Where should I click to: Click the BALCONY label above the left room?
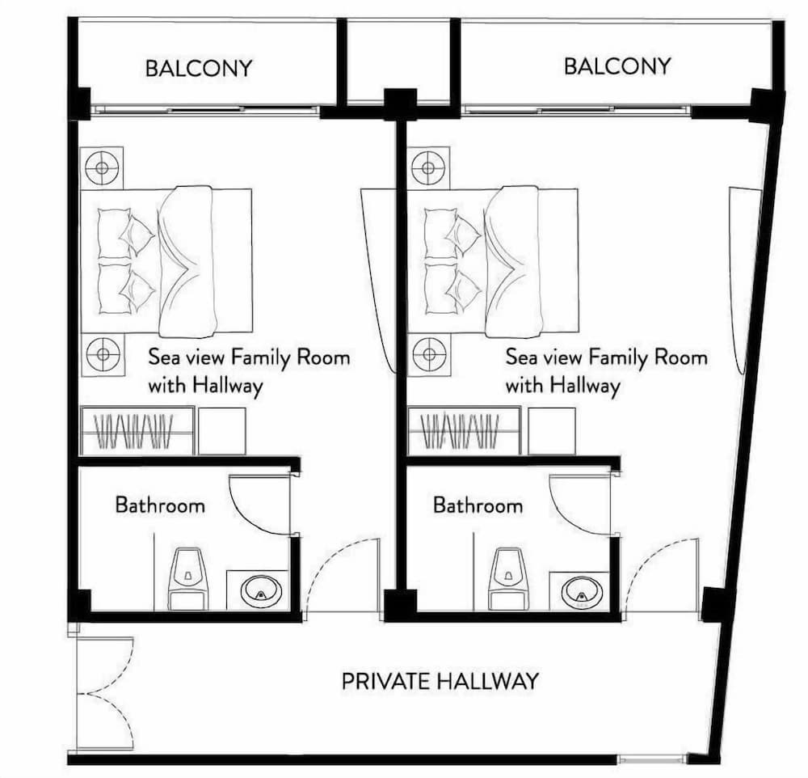click(199, 68)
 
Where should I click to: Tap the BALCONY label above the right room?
click(617, 66)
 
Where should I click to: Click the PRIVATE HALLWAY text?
click(440, 681)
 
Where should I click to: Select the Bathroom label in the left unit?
click(160, 505)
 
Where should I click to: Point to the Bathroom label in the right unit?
click(478, 505)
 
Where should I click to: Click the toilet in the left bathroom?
click(188, 577)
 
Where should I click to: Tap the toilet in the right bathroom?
click(508, 577)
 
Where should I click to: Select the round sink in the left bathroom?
click(262, 591)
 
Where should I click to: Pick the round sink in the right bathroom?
click(582, 591)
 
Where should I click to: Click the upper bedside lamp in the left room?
click(102, 167)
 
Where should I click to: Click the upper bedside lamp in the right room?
click(427, 167)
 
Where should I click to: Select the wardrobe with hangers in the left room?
click(137, 431)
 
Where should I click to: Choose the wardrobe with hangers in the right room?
click(464, 431)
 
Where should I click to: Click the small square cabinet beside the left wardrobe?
click(222, 431)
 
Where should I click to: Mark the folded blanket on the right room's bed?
click(514, 261)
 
